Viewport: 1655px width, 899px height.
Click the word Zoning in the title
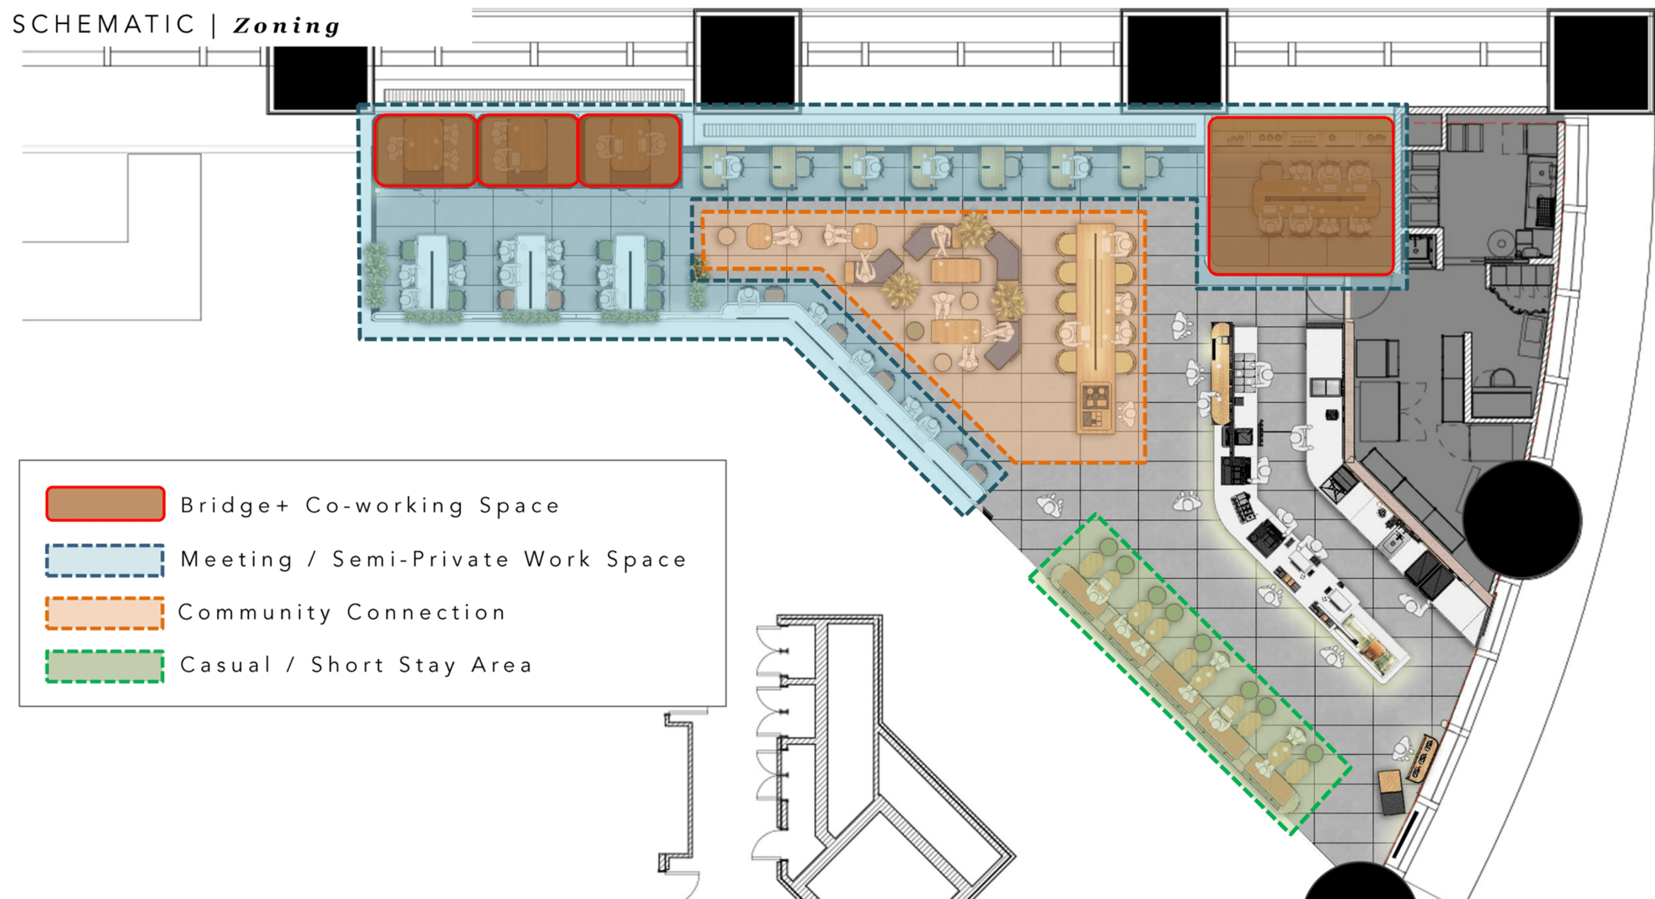coord(286,26)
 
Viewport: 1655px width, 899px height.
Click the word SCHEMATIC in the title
coord(103,25)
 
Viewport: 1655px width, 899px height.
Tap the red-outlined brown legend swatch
coord(105,504)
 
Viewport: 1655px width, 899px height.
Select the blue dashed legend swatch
coord(105,560)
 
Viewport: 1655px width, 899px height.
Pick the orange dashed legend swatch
coord(105,613)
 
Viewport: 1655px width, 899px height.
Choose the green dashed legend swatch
coord(105,666)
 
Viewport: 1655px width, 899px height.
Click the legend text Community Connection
coord(342,612)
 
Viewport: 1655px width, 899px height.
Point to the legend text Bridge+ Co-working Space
coord(369,506)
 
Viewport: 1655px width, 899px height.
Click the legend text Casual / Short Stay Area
coord(356,665)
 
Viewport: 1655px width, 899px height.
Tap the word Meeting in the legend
coord(236,559)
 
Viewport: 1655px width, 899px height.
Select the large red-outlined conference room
coord(1301,196)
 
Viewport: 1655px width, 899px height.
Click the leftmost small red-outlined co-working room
coord(425,151)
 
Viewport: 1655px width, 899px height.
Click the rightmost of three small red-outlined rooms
coord(630,151)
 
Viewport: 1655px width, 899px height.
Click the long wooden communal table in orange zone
coord(1095,328)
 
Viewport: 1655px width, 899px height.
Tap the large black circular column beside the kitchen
coord(1522,519)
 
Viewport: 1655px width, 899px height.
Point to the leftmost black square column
coord(320,78)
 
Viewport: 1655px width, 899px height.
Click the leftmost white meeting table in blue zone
coord(432,272)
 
